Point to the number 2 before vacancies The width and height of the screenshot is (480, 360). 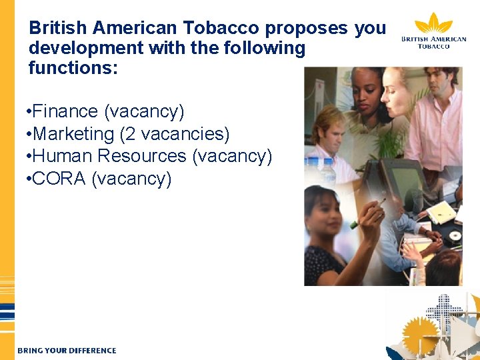pos(126,133)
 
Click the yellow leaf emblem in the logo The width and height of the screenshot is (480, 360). pos(433,23)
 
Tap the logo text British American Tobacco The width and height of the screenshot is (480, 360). pos(434,43)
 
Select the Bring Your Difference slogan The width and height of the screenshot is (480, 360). pos(67,350)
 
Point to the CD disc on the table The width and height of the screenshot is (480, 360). pos(455,235)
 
